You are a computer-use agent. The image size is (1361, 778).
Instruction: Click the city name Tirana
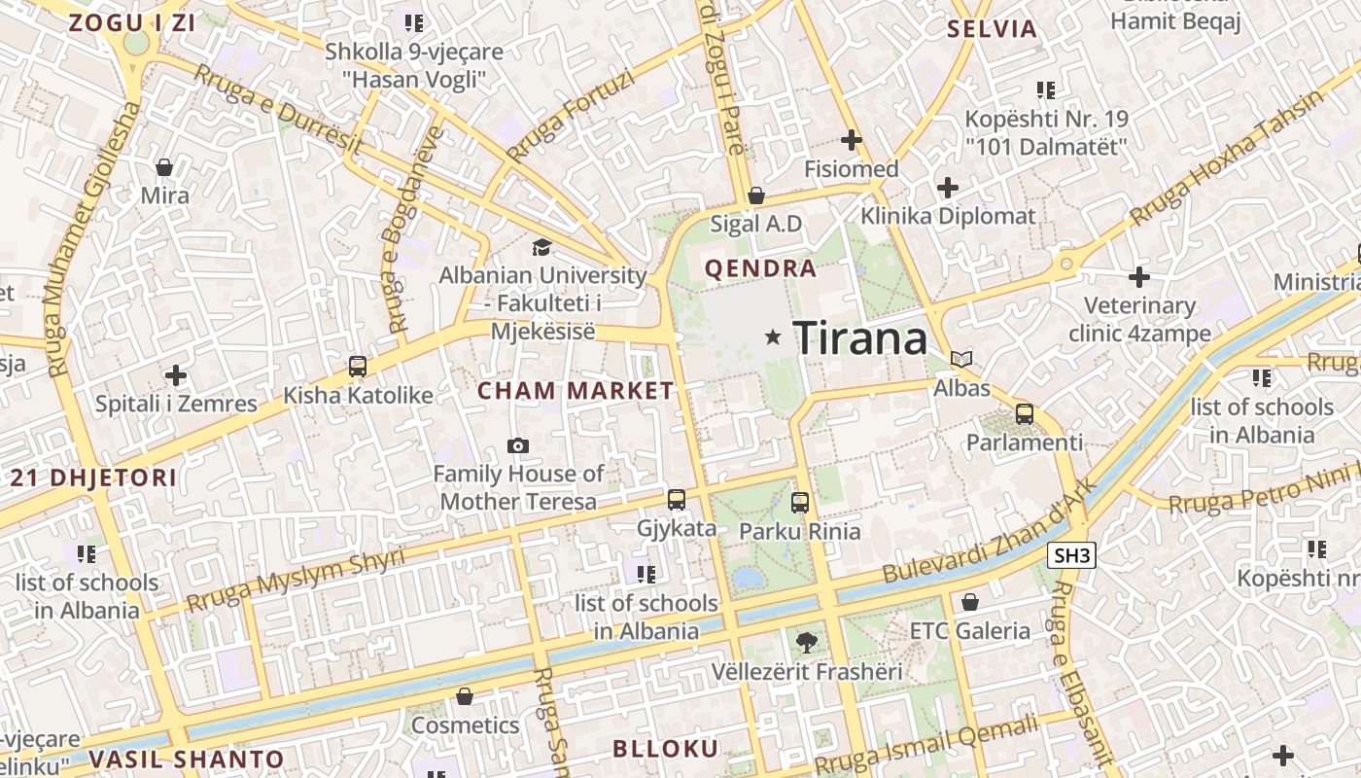click(x=860, y=338)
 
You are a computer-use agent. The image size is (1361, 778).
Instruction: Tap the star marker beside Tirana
click(x=773, y=337)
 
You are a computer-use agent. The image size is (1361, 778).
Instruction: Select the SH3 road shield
click(x=1072, y=556)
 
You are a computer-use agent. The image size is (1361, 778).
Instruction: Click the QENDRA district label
click(x=760, y=269)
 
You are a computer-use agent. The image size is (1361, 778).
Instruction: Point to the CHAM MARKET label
click(x=576, y=391)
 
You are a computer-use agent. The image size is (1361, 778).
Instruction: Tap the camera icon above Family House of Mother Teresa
click(x=518, y=445)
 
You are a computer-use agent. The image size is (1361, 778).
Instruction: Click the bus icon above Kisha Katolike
click(x=358, y=367)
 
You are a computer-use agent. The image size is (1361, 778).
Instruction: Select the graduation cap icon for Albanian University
click(x=541, y=248)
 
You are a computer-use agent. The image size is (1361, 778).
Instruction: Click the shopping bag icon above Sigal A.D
click(x=756, y=195)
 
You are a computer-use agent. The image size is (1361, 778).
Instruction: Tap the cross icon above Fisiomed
click(x=852, y=140)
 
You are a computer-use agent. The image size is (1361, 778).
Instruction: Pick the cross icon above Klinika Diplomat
click(x=948, y=187)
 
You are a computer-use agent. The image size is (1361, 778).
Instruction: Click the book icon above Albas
click(x=961, y=360)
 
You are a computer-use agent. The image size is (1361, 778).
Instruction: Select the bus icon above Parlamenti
click(x=1025, y=414)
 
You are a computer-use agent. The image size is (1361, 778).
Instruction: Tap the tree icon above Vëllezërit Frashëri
click(x=806, y=642)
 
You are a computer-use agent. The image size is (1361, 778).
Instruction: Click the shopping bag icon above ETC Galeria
click(x=969, y=602)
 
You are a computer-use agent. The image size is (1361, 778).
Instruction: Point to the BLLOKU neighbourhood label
click(x=666, y=749)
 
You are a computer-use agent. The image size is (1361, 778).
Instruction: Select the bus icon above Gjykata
click(x=677, y=500)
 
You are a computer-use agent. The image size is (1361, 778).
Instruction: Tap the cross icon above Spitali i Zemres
click(x=176, y=374)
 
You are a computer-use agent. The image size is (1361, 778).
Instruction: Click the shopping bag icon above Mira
click(x=164, y=167)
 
